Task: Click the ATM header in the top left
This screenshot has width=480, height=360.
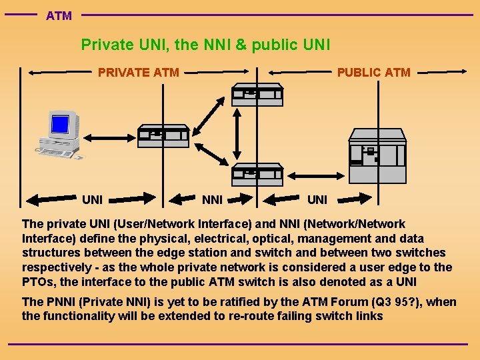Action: (x=59, y=15)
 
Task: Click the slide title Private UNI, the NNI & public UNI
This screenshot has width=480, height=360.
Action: (x=205, y=45)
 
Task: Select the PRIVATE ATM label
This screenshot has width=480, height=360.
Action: (x=138, y=73)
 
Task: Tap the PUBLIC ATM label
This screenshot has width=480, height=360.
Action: (x=373, y=73)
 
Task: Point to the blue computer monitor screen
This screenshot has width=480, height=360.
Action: (x=61, y=124)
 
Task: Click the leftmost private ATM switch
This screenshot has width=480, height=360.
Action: (x=163, y=136)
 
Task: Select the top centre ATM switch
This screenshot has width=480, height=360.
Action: (x=257, y=95)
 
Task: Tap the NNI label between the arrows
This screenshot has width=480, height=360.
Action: (x=212, y=199)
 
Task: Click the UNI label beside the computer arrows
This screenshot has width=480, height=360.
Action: (x=92, y=199)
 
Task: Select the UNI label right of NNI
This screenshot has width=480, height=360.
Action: (x=317, y=199)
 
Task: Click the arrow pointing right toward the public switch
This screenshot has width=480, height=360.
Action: (x=353, y=198)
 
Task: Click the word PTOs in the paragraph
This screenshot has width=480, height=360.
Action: (x=39, y=282)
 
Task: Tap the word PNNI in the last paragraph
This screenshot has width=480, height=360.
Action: (x=59, y=301)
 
